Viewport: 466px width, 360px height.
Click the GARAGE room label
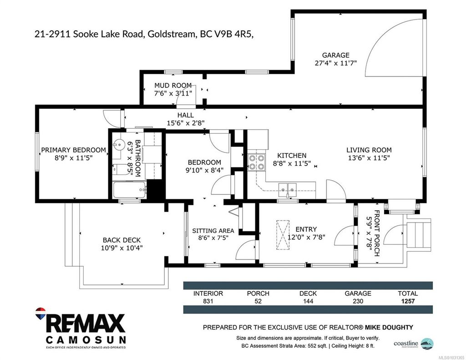pos(336,55)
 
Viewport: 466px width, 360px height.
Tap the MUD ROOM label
pos(172,86)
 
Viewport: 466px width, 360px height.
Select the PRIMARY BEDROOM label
pos(73,150)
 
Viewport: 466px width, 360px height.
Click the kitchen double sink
pos(287,187)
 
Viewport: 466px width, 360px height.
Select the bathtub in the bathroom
pos(129,188)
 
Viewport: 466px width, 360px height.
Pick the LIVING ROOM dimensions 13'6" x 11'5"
pos(369,158)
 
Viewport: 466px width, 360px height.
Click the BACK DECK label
pos(122,240)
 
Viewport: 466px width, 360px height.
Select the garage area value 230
pos(358,301)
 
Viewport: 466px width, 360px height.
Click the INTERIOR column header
pos(208,294)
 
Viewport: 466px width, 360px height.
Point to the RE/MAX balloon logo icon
pos(41,313)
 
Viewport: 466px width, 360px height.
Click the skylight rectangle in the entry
pos(282,235)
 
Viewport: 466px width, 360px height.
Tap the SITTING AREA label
pos(213,230)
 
